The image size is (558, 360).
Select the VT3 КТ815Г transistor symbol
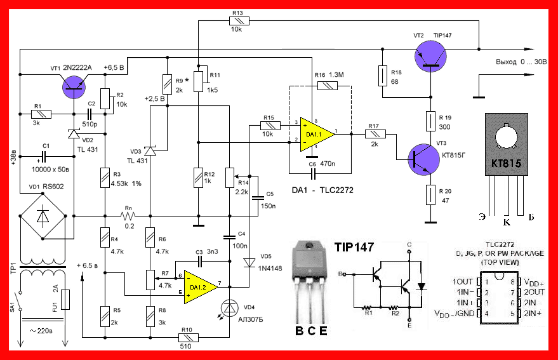click(x=420, y=157)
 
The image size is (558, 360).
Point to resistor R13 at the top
click(x=239, y=21)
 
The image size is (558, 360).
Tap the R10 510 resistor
click(x=187, y=337)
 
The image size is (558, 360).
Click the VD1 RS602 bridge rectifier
click(x=43, y=215)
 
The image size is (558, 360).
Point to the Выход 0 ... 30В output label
click(x=519, y=63)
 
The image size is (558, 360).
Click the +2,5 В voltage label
click(x=156, y=98)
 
